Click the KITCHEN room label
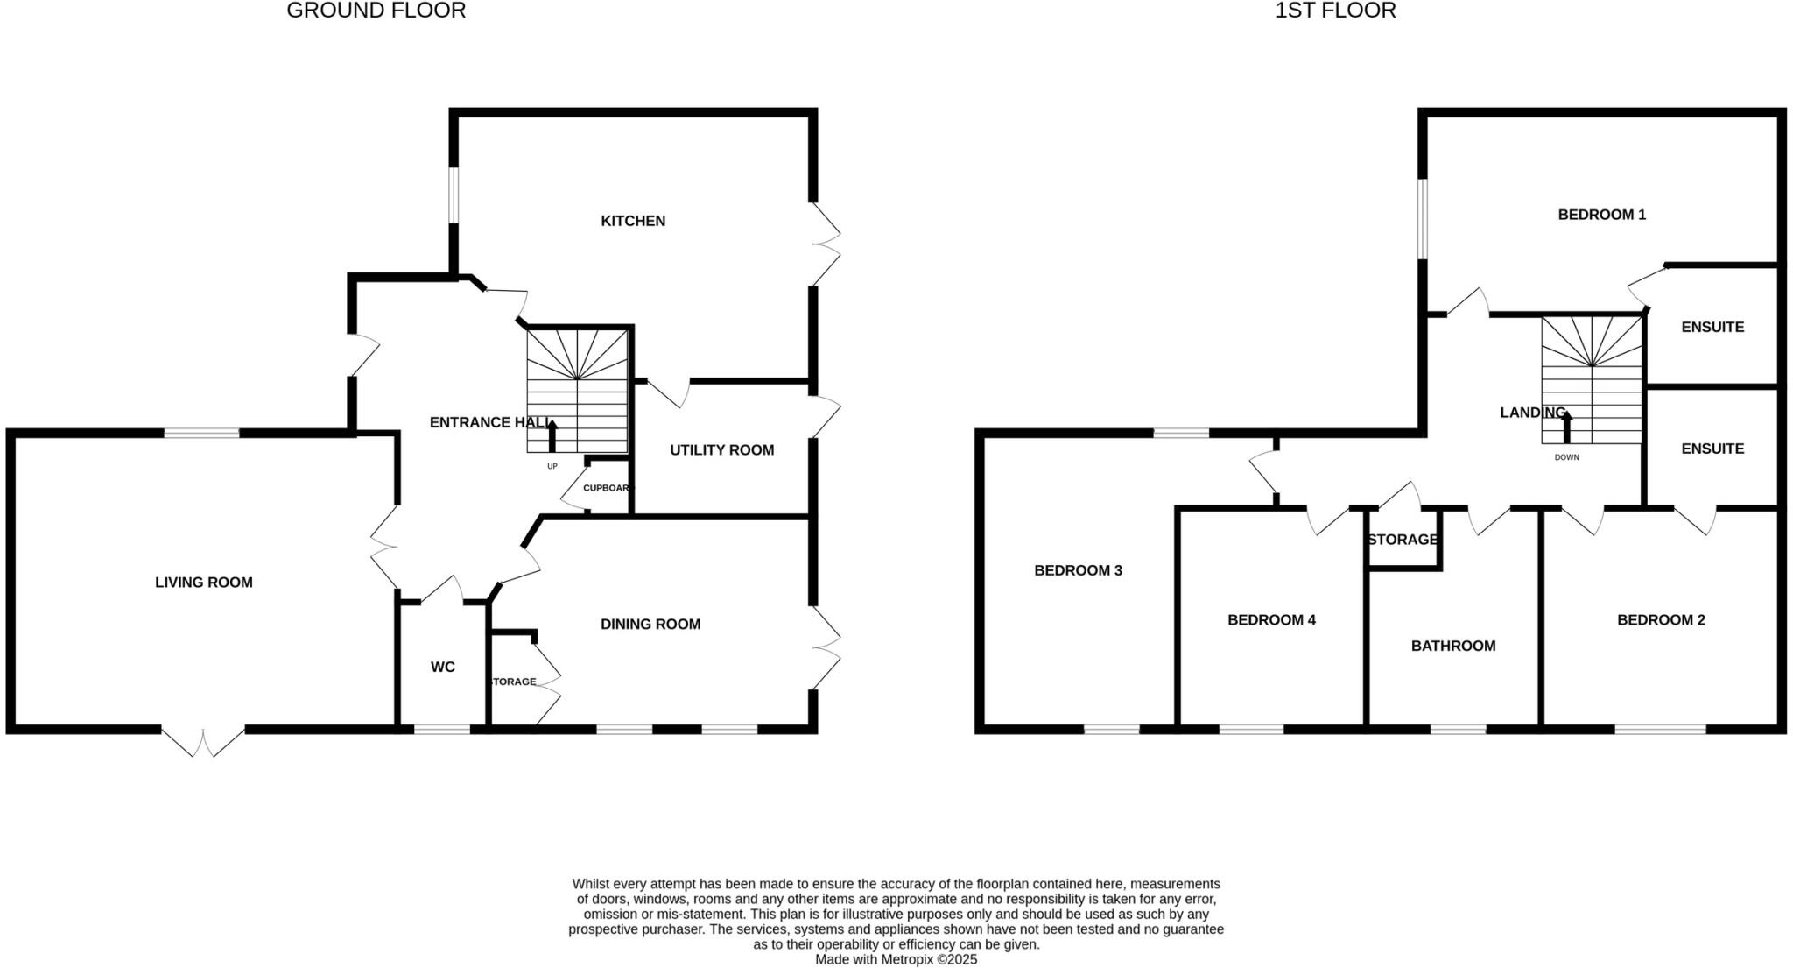tap(633, 221)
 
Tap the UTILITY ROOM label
tap(721, 450)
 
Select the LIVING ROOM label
tap(203, 583)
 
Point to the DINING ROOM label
tap(650, 625)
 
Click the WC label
tap(442, 668)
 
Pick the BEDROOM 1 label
tap(1601, 215)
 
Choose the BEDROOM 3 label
tap(1078, 571)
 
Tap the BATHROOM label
tap(1452, 647)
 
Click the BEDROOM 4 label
tap(1271, 620)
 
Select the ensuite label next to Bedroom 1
tap(1712, 328)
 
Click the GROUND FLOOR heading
tap(376, 11)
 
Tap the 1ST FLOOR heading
tap(1335, 11)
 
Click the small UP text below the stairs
tap(552, 466)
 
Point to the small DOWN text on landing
tap(1566, 457)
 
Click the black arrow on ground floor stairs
tap(552, 435)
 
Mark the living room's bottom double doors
tap(202, 741)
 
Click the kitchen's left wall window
tap(454, 194)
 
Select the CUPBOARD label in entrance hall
tap(606, 488)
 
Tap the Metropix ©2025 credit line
tap(896, 959)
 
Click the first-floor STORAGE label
tap(1403, 540)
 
